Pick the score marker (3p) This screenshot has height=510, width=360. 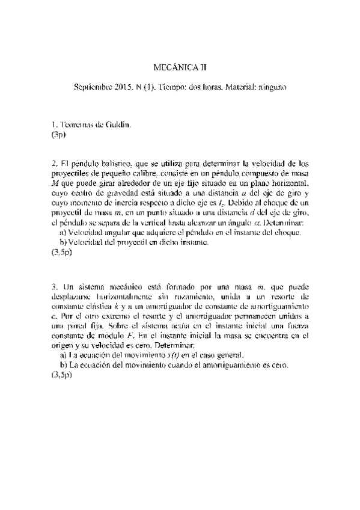click(x=58, y=135)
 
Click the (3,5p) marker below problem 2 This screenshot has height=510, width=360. click(x=61, y=253)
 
